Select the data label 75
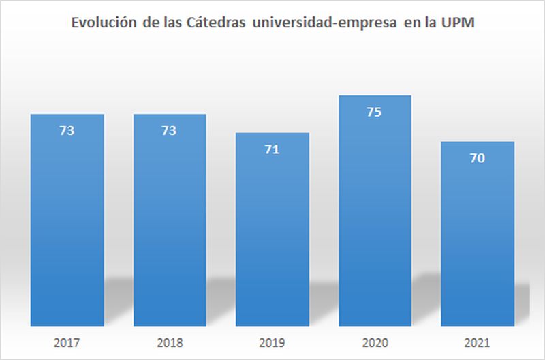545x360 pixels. tap(375, 112)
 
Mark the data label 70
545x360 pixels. tap(478, 158)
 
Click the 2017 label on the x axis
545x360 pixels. tap(67, 342)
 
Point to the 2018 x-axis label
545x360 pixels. tap(170, 342)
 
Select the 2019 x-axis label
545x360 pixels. tap(272, 342)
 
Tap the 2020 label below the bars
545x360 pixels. tap(375, 342)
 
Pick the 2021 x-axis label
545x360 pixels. tap(478, 342)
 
